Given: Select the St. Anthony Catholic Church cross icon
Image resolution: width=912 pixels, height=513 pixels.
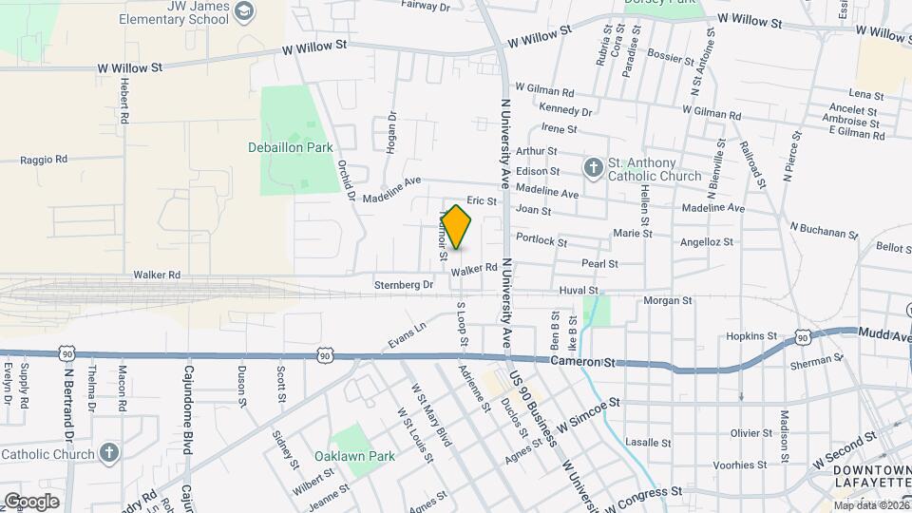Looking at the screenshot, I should click(x=594, y=168).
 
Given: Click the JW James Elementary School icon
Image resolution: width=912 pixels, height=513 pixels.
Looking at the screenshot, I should click(x=245, y=11).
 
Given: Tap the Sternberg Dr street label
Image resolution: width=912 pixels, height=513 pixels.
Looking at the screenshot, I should click(x=403, y=284).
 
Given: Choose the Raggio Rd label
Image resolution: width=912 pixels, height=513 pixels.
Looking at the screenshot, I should click(x=45, y=160).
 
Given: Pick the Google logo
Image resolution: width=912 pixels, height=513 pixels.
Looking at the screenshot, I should click(x=31, y=502).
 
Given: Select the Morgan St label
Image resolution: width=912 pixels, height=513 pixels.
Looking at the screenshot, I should click(x=668, y=300).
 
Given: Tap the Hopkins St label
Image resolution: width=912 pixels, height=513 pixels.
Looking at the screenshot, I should click(x=751, y=336).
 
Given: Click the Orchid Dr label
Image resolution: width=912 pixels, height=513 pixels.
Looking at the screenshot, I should click(x=346, y=180).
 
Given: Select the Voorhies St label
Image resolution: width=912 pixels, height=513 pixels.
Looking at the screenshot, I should click(x=739, y=465).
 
